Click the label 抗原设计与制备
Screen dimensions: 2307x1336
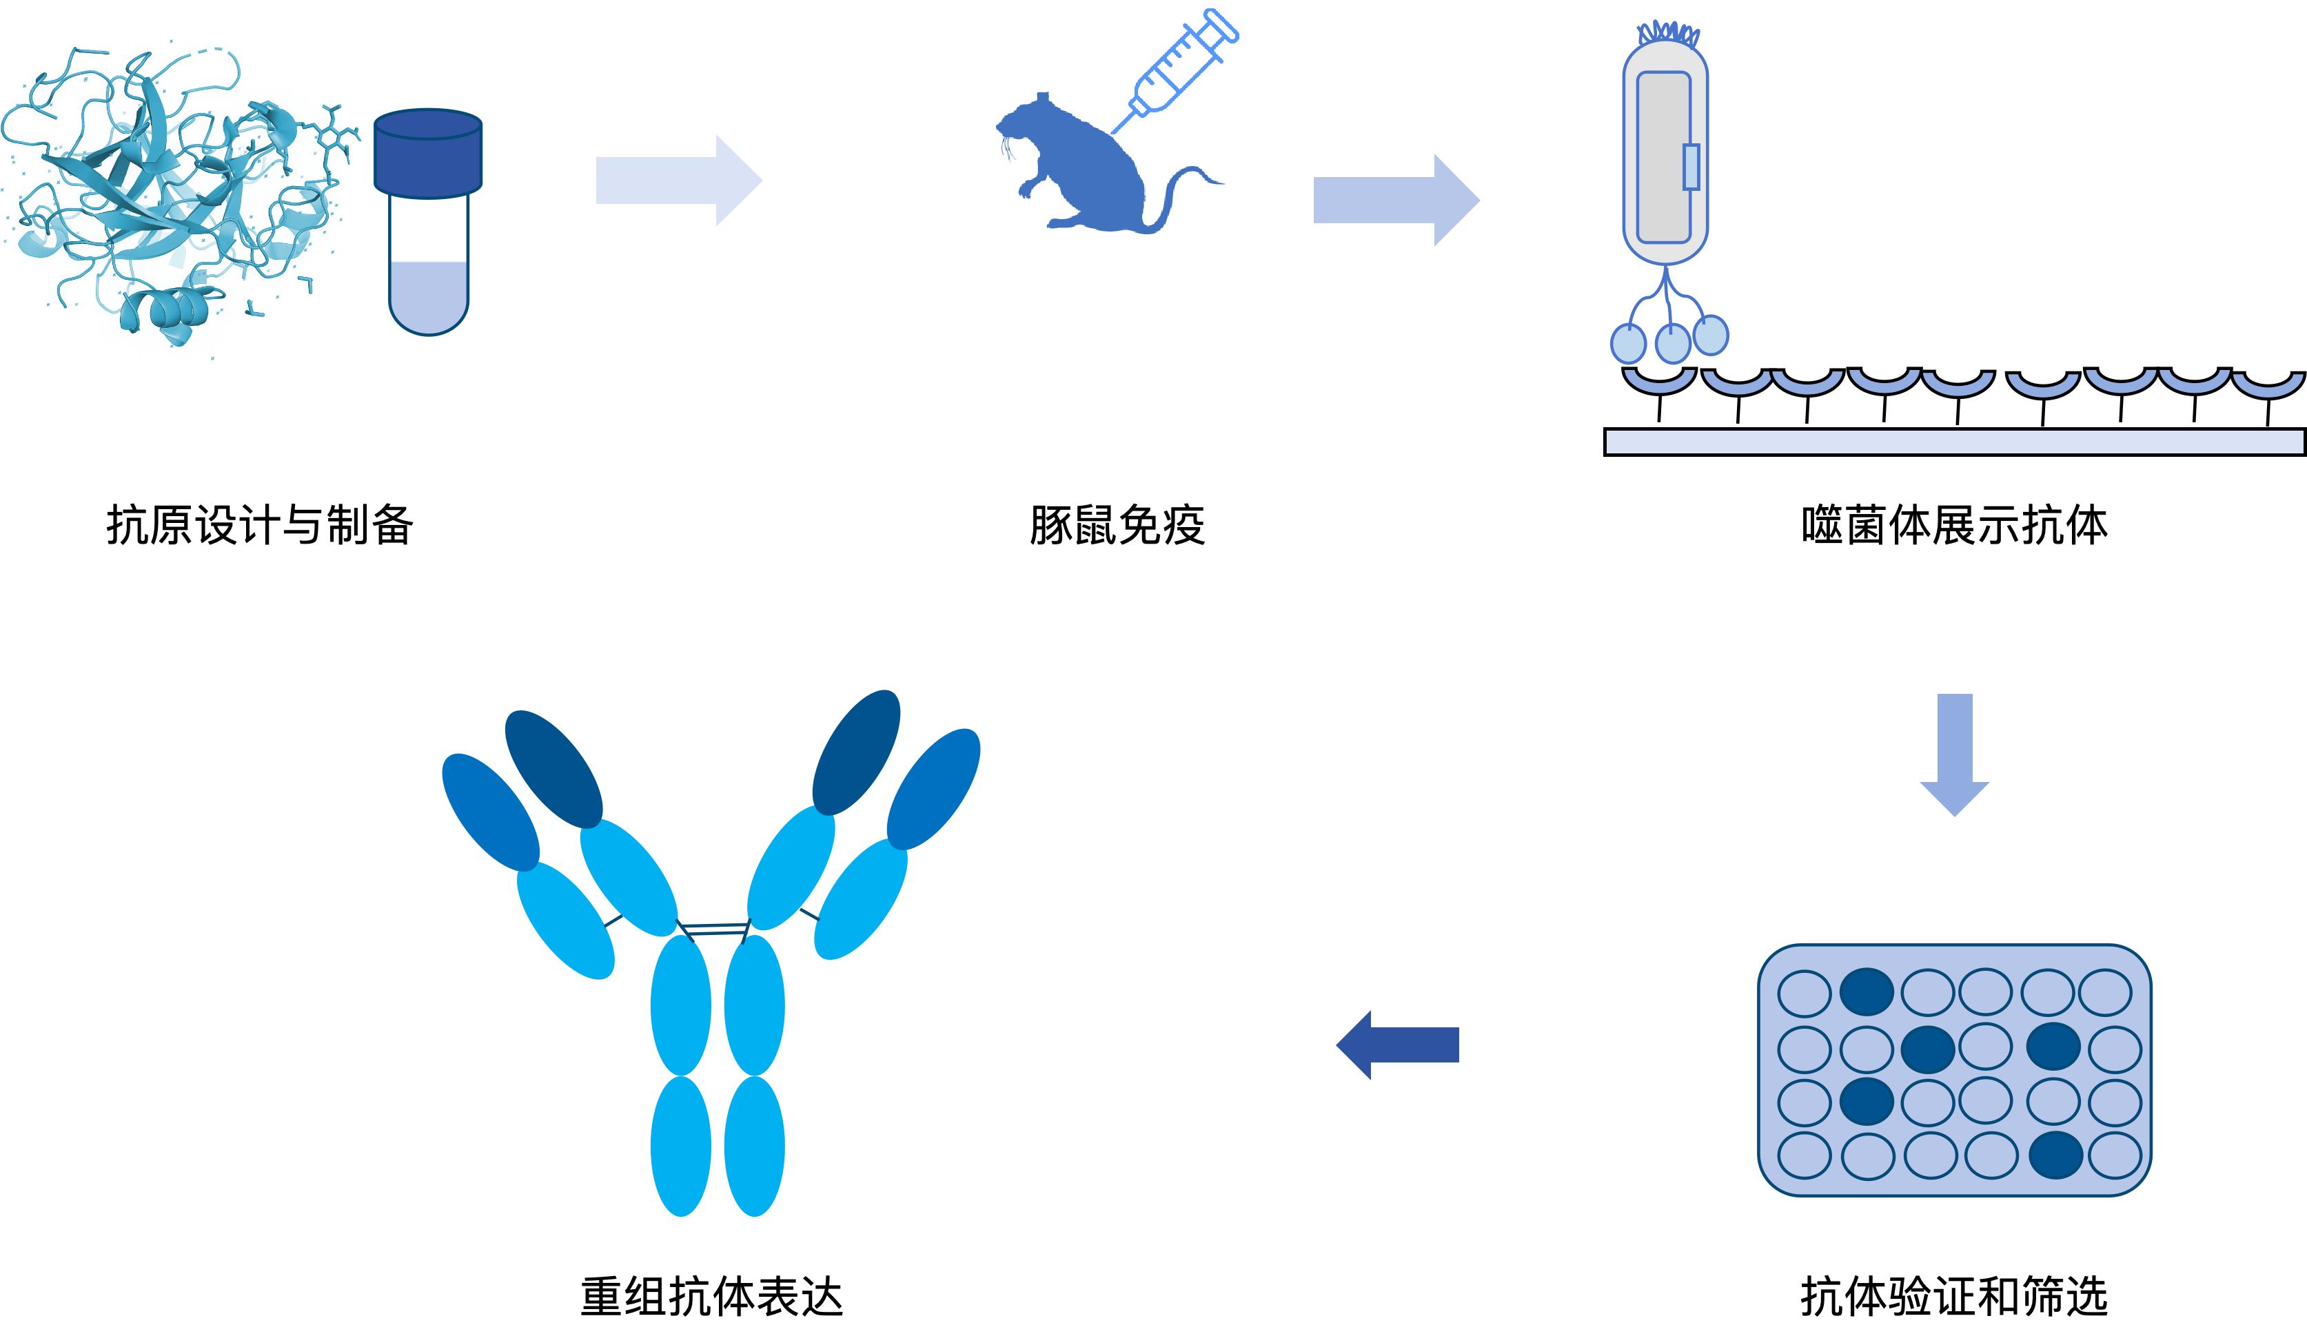click(260, 525)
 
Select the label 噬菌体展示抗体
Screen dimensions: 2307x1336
click(1955, 525)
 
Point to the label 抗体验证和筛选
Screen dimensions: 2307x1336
click(1955, 1297)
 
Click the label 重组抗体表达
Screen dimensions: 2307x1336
click(711, 1297)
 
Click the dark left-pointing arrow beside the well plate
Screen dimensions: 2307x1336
click(1398, 1045)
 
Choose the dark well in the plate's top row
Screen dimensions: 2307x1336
click(1867, 992)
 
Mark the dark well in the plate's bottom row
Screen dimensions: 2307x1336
click(2056, 1155)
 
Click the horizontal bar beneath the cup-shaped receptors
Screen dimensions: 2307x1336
click(1955, 441)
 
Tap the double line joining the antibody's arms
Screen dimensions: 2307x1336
click(714, 929)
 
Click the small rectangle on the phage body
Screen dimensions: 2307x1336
click(1691, 167)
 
